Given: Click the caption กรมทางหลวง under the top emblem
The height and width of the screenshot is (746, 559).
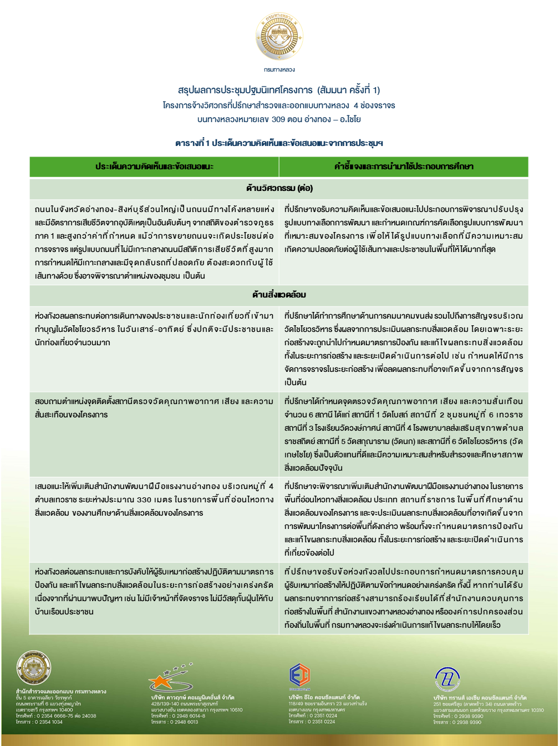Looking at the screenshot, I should point(279,70).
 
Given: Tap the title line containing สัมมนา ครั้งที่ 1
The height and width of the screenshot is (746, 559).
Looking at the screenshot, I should point(279,90).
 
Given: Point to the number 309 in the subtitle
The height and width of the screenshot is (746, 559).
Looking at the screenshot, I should point(279,119).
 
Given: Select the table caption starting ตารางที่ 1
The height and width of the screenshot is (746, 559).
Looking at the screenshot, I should point(279,143).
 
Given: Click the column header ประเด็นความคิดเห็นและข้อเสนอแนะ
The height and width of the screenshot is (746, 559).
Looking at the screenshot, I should point(154,167).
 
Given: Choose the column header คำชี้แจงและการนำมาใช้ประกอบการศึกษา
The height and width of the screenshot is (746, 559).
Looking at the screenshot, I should point(404,167).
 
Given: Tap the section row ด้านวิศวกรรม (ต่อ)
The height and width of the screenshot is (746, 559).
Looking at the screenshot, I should point(279,188).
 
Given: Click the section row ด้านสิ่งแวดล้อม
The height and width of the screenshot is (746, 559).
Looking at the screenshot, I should point(279,295).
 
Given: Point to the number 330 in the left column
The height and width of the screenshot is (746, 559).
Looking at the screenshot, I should point(144,500).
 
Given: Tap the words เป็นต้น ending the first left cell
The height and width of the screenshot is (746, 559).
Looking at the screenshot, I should point(194,276).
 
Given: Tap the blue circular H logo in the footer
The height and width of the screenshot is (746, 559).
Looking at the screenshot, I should point(447,678).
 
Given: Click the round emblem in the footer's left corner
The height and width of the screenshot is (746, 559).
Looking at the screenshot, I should point(34,668).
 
